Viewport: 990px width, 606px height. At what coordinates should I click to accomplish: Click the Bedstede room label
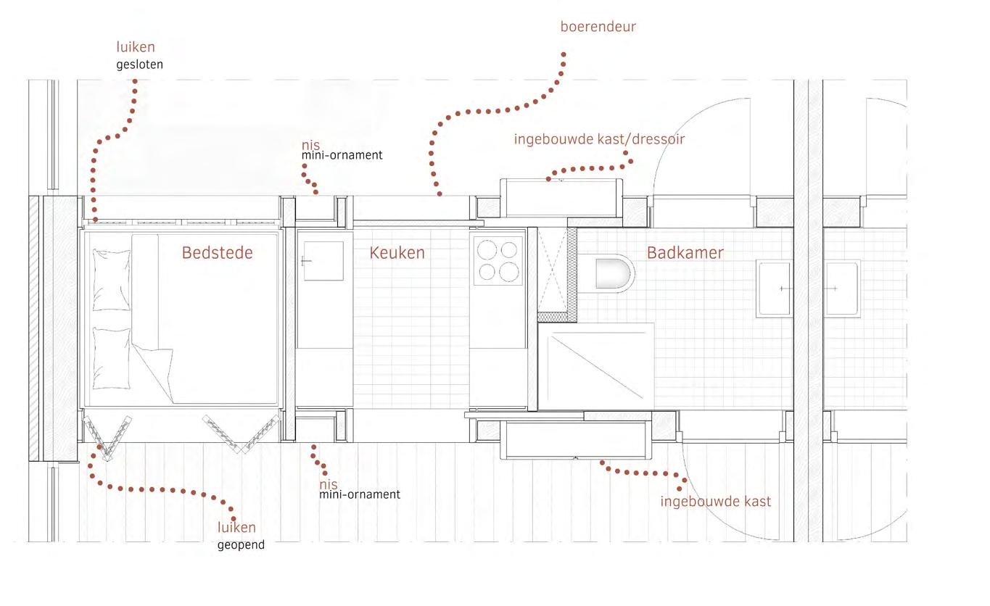pos(217,253)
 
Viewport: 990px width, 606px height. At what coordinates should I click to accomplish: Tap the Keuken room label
pos(397,253)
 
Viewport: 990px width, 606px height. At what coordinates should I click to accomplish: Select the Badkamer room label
pos(685,253)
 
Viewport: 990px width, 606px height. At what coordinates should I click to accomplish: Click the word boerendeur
pos(598,27)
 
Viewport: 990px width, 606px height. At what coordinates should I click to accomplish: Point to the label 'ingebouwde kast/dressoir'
pos(598,138)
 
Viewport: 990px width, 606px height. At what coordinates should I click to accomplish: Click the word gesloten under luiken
pos(139,64)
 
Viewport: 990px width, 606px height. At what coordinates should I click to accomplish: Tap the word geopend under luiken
pos(241,544)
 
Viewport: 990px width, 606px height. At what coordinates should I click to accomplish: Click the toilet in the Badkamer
pos(614,274)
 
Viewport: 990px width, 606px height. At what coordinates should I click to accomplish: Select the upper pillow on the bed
pos(112,280)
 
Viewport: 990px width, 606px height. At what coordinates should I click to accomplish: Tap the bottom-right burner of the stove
pos(510,272)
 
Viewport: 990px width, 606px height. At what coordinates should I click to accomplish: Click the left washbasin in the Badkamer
pos(774,288)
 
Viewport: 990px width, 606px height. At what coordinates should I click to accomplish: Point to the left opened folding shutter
pos(107,436)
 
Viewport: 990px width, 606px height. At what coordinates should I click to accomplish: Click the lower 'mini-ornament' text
pos(359,494)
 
